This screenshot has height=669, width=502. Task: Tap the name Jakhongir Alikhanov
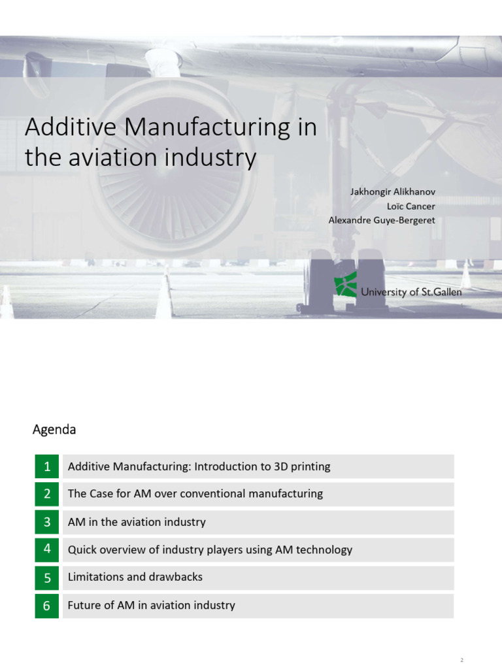pyautogui.click(x=392, y=191)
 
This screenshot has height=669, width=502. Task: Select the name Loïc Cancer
pyautogui.click(x=410, y=206)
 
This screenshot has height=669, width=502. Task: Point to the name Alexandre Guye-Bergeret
pyautogui.click(x=381, y=220)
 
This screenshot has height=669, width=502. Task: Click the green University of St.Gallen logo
pyautogui.click(x=345, y=286)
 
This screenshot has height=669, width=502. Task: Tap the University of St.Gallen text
pyautogui.click(x=411, y=292)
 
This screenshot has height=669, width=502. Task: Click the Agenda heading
pyautogui.click(x=54, y=430)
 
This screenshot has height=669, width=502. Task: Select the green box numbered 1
pyautogui.click(x=47, y=466)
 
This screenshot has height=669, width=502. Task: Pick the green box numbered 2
pyautogui.click(x=47, y=494)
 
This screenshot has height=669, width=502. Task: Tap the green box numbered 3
pyautogui.click(x=47, y=522)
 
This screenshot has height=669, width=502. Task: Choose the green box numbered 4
pyautogui.click(x=47, y=549)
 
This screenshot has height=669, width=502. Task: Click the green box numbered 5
pyautogui.click(x=47, y=578)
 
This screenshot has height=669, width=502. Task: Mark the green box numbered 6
pyautogui.click(x=47, y=606)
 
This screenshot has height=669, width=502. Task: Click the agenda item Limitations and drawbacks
pyautogui.click(x=135, y=577)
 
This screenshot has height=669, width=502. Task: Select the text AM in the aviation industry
pyautogui.click(x=136, y=522)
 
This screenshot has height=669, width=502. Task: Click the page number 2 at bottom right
pyautogui.click(x=461, y=661)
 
